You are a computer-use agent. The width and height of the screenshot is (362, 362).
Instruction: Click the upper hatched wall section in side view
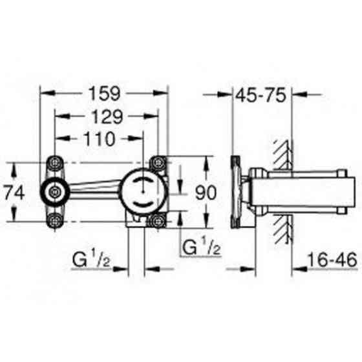point(283,152)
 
